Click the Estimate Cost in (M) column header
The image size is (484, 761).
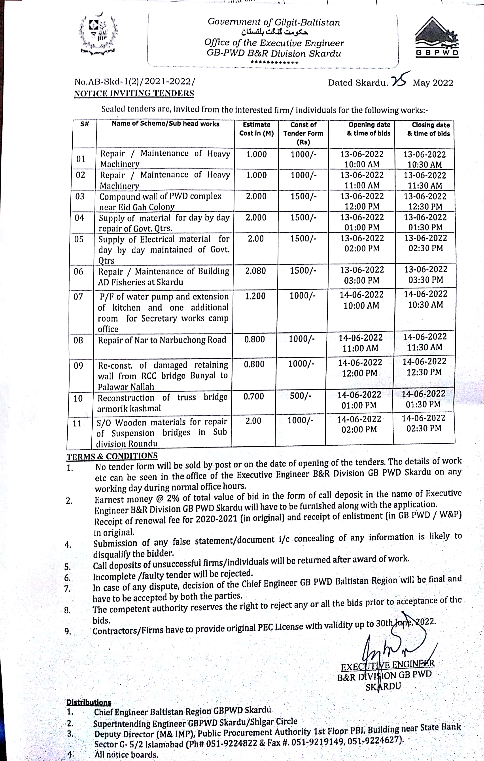pyautogui.click(x=256, y=129)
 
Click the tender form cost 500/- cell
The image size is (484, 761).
pyautogui.click(x=300, y=396)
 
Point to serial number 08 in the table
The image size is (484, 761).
pyautogui.click(x=78, y=340)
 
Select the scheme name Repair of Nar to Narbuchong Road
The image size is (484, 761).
pyautogui.click(x=162, y=340)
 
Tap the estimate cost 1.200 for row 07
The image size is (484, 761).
pyautogui.click(x=255, y=296)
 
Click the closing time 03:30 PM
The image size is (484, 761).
pyautogui.click(x=425, y=280)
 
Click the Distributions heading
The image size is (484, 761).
pyautogui.click(x=89, y=703)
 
